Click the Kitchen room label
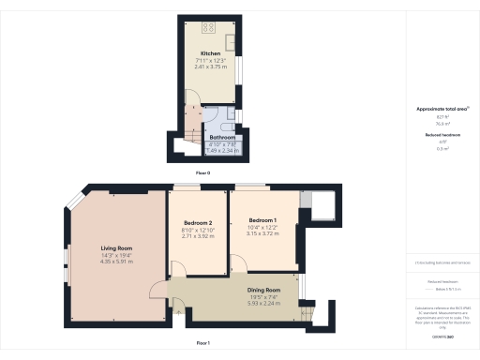(x=209, y=53)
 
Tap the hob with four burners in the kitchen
(x=209, y=26)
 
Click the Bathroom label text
(x=222, y=136)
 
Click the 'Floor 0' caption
(x=202, y=173)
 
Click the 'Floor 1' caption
(x=202, y=344)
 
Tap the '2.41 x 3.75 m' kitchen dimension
(x=209, y=67)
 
